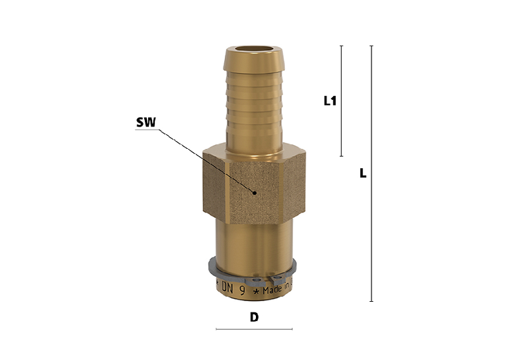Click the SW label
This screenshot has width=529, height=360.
(145, 122)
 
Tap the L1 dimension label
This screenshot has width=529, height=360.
(330, 101)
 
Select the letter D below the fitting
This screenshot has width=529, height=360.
(254, 317)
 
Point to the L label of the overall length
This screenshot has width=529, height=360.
(362, 173)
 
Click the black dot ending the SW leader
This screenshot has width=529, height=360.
(255, 193)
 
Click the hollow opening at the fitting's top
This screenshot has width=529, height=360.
(255, 48)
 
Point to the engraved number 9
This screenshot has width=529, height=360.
(242, 291)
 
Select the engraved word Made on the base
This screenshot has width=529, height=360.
(272, 290)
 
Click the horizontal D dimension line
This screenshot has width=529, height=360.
(254, 329)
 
